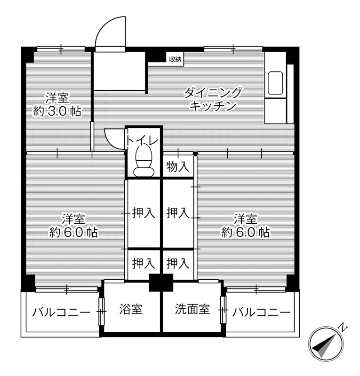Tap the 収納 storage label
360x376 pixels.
click(x=175, y=59)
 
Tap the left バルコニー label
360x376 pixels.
click(x=61, y=312)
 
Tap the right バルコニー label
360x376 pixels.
click(x=261, y=312)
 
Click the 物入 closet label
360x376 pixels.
click(x=178, y=166)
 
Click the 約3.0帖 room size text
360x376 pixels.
click(x=57, y=112)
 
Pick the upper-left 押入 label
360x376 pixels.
click(x=143, y=213)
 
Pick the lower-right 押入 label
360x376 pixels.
click(x=178, y=263)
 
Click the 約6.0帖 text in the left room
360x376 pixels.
click(x=74, y=232)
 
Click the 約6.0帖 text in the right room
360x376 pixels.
click(x=246, y=232)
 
